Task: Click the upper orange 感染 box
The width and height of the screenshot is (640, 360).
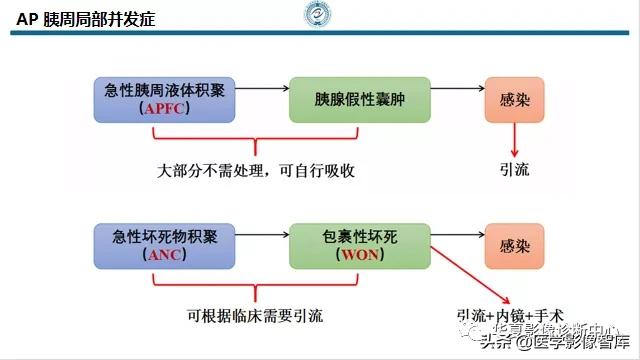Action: tap(515, 99)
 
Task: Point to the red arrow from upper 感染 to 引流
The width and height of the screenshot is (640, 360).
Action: tap(516, 139)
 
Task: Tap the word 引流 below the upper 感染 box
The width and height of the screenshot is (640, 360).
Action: tap(515, 169)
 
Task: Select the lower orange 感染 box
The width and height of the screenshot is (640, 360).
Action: tap(515, 244)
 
